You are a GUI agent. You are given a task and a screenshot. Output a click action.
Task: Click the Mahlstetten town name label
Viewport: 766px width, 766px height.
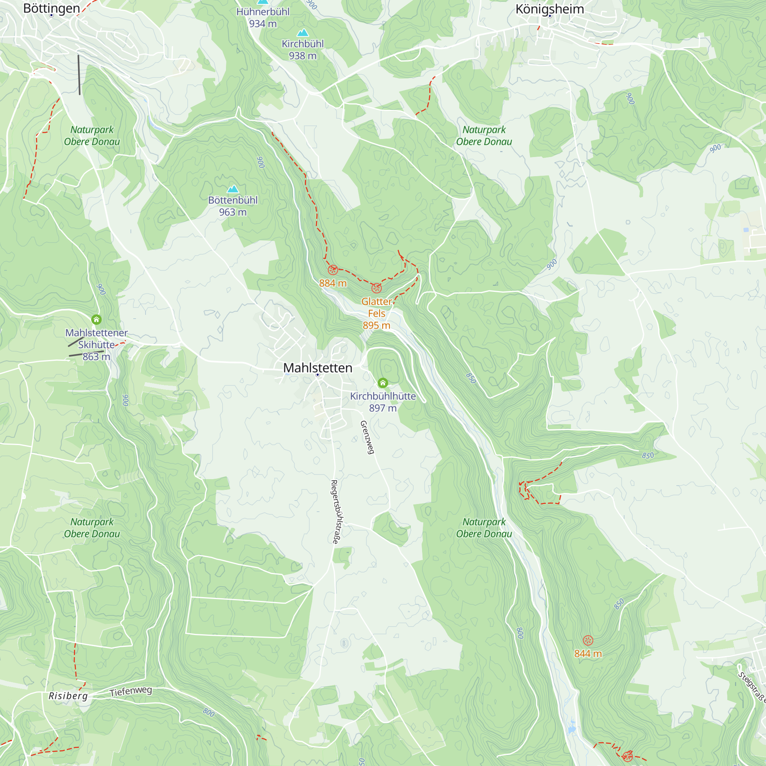[x=318, y=368]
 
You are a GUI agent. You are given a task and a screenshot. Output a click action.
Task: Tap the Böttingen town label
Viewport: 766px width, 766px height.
[x=52, y=8]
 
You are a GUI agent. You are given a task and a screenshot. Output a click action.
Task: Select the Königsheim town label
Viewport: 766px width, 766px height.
[x=550, y=9]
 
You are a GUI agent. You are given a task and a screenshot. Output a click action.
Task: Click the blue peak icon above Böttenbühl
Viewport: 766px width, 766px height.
[x=233, y=189]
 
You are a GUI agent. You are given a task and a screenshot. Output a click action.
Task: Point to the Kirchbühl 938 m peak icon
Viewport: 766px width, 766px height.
[x=303, y=33]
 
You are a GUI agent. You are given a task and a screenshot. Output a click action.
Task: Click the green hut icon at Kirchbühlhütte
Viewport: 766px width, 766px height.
[x=383, y=383]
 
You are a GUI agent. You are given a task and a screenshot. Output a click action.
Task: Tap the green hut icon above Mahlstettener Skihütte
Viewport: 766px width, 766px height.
[x=97, y=319]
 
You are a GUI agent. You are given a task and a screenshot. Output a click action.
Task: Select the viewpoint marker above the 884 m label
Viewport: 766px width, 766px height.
[x=333, y=270]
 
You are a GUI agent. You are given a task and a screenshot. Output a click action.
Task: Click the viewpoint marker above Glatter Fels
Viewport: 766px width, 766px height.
[x=376, y=288]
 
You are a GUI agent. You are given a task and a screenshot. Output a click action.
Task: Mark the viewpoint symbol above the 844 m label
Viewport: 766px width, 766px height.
[x=588, y=640]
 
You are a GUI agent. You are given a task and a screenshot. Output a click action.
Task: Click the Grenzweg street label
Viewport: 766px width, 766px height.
[x=367, y=437]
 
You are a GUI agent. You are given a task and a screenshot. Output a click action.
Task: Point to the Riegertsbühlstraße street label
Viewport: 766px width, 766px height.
[x=336, y=512]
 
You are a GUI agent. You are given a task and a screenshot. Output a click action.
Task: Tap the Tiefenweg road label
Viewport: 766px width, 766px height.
[x=131, y=691]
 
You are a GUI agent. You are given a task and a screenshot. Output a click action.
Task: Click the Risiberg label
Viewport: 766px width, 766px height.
[x=68, y=696]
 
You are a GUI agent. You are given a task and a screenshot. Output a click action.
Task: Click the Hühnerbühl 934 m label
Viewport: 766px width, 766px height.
[x=263, y=18]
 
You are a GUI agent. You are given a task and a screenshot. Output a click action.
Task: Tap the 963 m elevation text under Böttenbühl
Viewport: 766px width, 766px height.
[x=233, y=212]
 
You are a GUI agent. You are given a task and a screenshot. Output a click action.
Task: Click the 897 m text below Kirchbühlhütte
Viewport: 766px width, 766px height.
[x=383, y=408]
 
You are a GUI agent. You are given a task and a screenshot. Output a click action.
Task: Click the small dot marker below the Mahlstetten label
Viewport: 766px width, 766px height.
[x=318, y=375]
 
